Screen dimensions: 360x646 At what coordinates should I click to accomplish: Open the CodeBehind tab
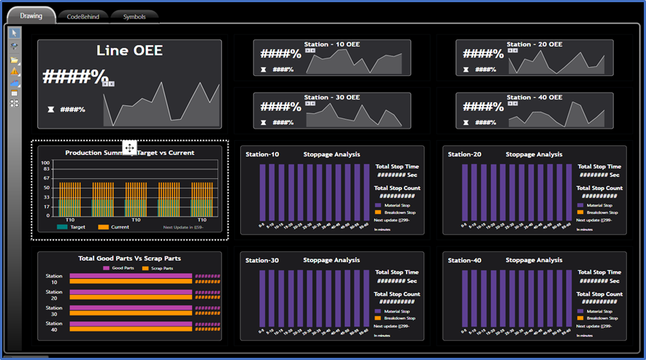[x=82, y=15]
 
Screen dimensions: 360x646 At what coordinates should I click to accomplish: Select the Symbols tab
[x=134, y=15]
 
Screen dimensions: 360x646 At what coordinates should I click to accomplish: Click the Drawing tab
[x=31, y=15]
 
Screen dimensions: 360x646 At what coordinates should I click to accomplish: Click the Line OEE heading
[x=129, y=51]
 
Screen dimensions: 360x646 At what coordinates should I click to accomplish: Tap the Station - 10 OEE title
[x=331, y=45]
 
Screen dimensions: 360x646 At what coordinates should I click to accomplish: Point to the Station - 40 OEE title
[x=534, y=97]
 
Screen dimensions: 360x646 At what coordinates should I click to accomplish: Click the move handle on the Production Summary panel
[x=129, y=148]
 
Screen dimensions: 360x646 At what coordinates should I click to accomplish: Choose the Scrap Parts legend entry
[x=162, y=268]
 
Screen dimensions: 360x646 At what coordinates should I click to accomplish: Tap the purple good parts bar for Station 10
[x=131, y=275]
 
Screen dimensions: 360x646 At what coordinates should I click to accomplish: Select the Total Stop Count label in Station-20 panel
[x=599, y=188]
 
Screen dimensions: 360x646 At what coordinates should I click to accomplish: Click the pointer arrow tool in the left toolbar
[x=14, y=33]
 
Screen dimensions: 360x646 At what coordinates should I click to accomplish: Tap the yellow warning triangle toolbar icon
[x=14, y=72]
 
